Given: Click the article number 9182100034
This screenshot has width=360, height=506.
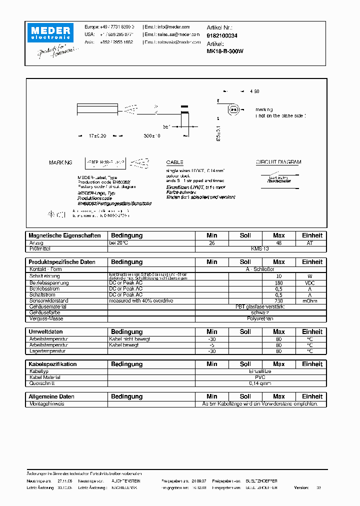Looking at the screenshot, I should [221, 35].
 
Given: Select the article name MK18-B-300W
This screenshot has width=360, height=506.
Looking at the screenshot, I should [224, 51].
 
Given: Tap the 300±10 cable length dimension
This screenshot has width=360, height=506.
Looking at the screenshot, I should [152, 136].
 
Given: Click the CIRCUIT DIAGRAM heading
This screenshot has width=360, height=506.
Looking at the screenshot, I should [278, 162].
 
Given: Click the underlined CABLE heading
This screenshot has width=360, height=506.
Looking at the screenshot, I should [174, 162].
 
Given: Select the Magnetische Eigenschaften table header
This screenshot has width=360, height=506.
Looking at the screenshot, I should [65, 235].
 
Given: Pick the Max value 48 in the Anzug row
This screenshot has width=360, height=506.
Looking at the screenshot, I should [278, 242].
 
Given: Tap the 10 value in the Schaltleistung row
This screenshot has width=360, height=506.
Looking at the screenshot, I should [278, 276].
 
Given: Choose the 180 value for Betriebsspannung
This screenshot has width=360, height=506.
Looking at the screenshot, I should [278, 282].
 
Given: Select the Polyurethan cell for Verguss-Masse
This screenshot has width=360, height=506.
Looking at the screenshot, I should [260, 318].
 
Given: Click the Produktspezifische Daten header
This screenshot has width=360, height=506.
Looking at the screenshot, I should [62, 262].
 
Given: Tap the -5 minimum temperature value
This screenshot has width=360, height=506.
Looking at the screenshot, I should [212, 345].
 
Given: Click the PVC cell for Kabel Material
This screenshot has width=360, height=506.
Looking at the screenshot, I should [260, 377].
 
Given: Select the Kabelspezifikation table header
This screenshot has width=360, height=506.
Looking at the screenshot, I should [53, 364].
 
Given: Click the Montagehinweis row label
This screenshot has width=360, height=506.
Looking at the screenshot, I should [47, 403].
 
